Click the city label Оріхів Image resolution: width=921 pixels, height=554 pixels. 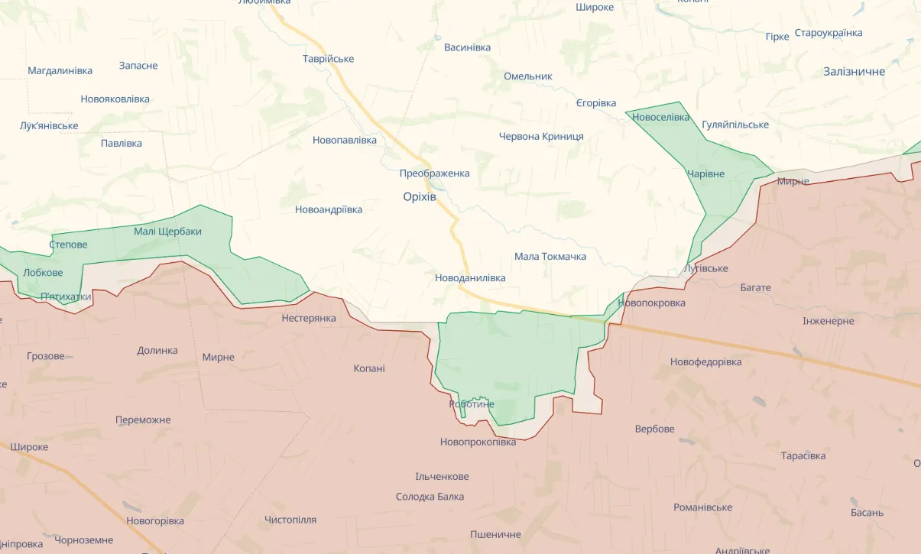click(x=420, y=196)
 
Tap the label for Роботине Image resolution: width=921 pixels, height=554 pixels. click(x=472, y=404)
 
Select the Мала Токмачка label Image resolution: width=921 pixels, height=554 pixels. click(x=550, y=256)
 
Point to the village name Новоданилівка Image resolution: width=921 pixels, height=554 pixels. click(x=470, y=278)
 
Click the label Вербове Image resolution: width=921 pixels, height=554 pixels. click(x=655, y=429)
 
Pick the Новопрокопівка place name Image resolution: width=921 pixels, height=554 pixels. click(x=478, y=442)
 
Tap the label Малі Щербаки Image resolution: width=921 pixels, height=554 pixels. click(x=167, y=231)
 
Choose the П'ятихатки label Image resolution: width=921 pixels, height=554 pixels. click(x=66, y=296)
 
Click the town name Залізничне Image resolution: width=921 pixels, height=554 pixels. click(x=854, y=71)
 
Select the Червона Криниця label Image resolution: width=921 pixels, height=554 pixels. click(x=541, y=136)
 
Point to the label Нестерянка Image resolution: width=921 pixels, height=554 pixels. click(x=309, y=318)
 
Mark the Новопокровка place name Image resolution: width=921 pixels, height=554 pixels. click(x=651, y=303)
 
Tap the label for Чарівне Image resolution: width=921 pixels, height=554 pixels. click(x=705, y=173)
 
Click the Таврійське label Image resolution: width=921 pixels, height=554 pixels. click(x=328, y=59)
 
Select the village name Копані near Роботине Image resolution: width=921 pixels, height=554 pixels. click(x=369, y=368)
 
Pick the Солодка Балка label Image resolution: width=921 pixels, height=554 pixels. click(x=430, y=497)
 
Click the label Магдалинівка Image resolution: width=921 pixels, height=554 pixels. click(x=60, y=70)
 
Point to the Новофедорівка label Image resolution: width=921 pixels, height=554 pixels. click(x=705, y=361)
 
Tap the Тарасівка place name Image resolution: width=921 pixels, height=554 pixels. click(x=803, y=455)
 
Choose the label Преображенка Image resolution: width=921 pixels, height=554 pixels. click(x=434, y=173)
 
